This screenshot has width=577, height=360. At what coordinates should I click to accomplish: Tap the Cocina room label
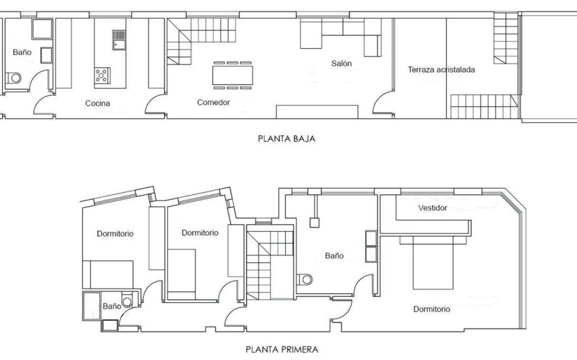point(98,104)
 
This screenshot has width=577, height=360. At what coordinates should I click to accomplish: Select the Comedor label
point(213,103)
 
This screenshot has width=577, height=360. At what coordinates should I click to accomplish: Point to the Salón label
point(341,64)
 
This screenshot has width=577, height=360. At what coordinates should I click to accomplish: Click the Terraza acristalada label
point(441,69)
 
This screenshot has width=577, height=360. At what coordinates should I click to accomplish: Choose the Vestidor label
point(432,208)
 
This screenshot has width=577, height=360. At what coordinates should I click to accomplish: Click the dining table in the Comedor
point(236,74)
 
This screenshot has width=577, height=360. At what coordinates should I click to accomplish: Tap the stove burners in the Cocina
point(103,75)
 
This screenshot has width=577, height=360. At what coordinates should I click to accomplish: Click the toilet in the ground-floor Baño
point(14,79)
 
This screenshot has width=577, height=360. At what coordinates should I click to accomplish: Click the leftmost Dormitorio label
point(115,234)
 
